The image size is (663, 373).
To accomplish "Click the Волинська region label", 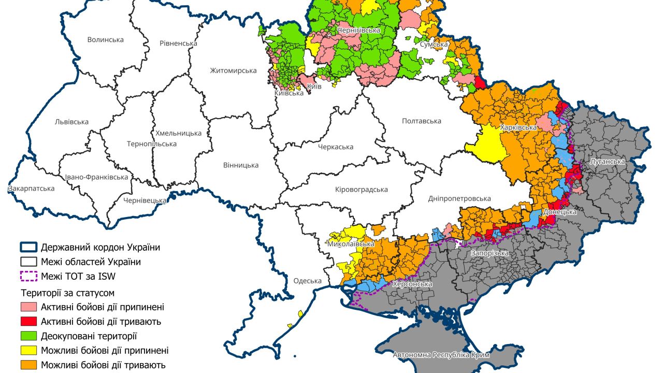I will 106,40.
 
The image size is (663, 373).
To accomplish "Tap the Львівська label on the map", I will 71,122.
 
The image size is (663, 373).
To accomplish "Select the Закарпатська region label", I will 31,189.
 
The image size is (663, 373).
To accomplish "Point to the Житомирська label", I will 233,70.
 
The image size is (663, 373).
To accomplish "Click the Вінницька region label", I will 241,165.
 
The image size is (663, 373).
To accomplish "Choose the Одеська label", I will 308,281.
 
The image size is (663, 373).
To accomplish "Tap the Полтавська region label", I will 422,121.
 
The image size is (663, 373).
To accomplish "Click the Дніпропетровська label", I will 459,198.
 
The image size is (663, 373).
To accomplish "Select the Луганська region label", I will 608,162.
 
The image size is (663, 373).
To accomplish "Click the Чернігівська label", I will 359,31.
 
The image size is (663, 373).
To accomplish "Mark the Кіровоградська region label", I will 362,190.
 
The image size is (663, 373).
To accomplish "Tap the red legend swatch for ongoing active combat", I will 28,322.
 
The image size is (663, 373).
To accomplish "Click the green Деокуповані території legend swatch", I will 28,336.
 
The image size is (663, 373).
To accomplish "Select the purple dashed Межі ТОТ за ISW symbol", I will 28,276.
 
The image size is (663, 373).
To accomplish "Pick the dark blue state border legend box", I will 28,247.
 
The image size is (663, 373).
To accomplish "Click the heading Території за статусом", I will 67,293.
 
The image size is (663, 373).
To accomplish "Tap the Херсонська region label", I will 412,284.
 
